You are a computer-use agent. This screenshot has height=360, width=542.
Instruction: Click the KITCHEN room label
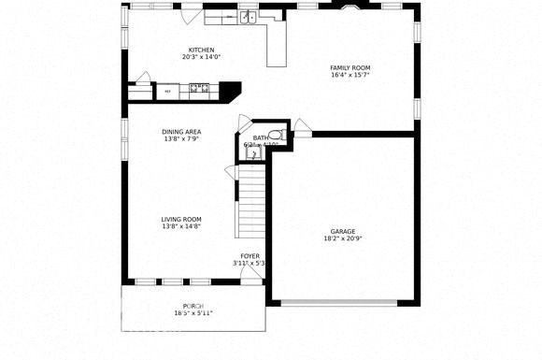click(201, 50)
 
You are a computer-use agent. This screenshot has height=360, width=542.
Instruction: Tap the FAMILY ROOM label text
click(350, 67)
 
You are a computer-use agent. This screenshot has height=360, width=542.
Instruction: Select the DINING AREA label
click(181, 132)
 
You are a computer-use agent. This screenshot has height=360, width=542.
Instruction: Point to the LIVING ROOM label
click(181, 219)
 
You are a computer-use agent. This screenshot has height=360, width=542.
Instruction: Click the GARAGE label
click(343, 231)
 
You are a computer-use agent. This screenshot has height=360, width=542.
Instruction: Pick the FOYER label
click(250, 255)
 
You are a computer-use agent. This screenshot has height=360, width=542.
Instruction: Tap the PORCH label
click(193, 307)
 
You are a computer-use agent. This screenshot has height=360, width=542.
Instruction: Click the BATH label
click(259, 138)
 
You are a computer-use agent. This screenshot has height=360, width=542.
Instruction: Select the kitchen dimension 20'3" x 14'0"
click(201, 57)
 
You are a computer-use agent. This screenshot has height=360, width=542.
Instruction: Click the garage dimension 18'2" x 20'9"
click(343, 238)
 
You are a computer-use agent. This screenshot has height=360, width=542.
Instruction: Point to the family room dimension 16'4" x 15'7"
click(350, 75)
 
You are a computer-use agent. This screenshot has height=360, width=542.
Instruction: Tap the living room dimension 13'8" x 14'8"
click(181, 226)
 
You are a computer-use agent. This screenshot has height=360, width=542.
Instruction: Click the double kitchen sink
click(247, 18)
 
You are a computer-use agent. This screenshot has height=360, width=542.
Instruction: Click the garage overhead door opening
click(343, 301)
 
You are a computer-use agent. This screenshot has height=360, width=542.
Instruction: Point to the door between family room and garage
click(301, 127)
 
